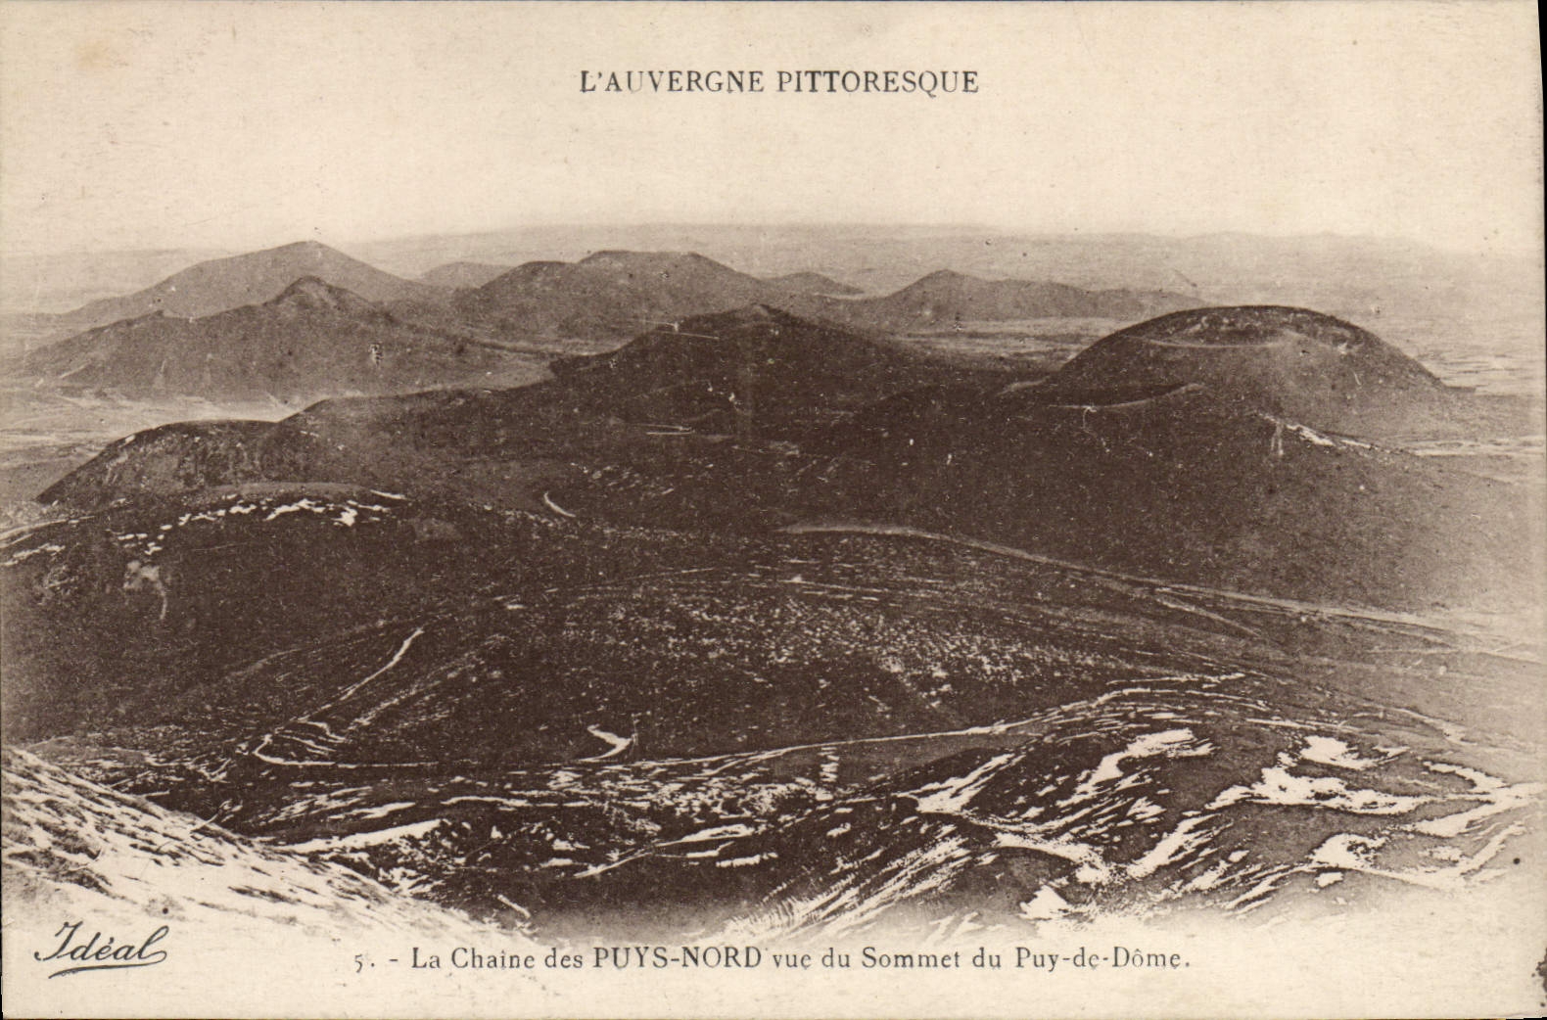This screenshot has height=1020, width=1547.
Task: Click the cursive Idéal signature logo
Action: (101, 945)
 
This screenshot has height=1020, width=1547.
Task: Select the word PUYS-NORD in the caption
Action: (677, 957)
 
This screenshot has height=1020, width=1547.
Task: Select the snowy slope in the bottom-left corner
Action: (117, 842)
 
